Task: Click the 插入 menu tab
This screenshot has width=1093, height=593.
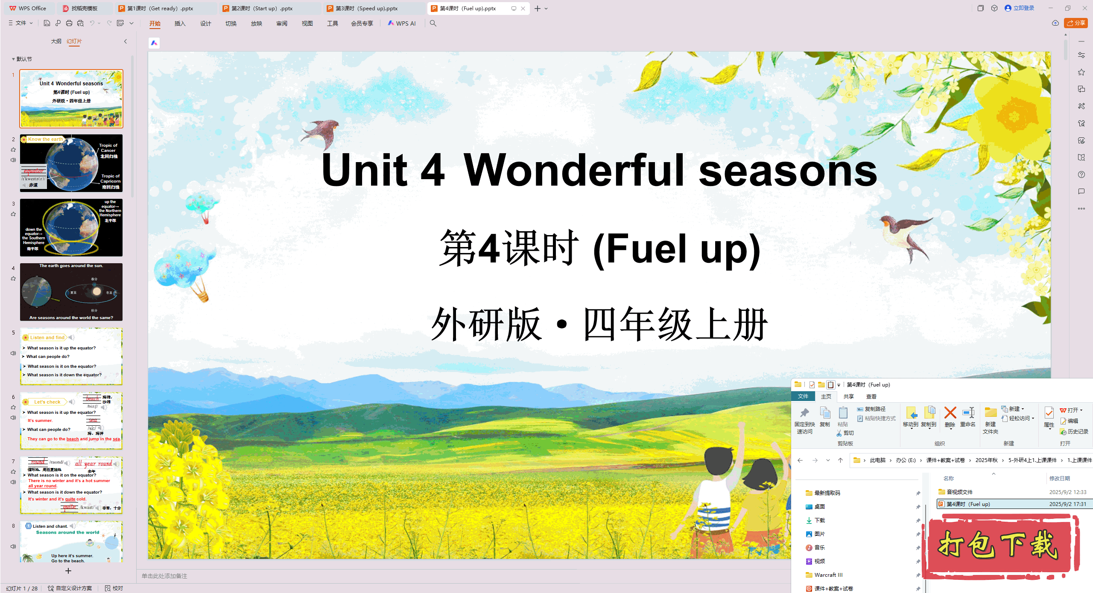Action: [180, 23]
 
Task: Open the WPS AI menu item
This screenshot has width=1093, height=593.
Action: [402, 23]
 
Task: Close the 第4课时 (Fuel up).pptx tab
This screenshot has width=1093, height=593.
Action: [523, 8]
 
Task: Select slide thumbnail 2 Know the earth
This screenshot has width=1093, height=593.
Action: [71, 163]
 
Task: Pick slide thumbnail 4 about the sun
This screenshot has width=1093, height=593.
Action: [71, 292]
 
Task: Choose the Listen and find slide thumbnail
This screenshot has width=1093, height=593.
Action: [71, 356]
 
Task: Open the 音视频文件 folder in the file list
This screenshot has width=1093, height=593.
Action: [959, 492]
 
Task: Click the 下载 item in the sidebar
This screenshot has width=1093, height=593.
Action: [820, 520]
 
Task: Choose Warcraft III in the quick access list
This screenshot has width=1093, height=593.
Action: [828, 575]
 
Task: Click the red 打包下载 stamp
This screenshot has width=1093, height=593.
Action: [999, 546]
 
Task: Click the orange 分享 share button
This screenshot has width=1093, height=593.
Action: [1076, 23]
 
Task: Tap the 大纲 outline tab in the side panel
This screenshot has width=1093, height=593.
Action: [56, 41]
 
